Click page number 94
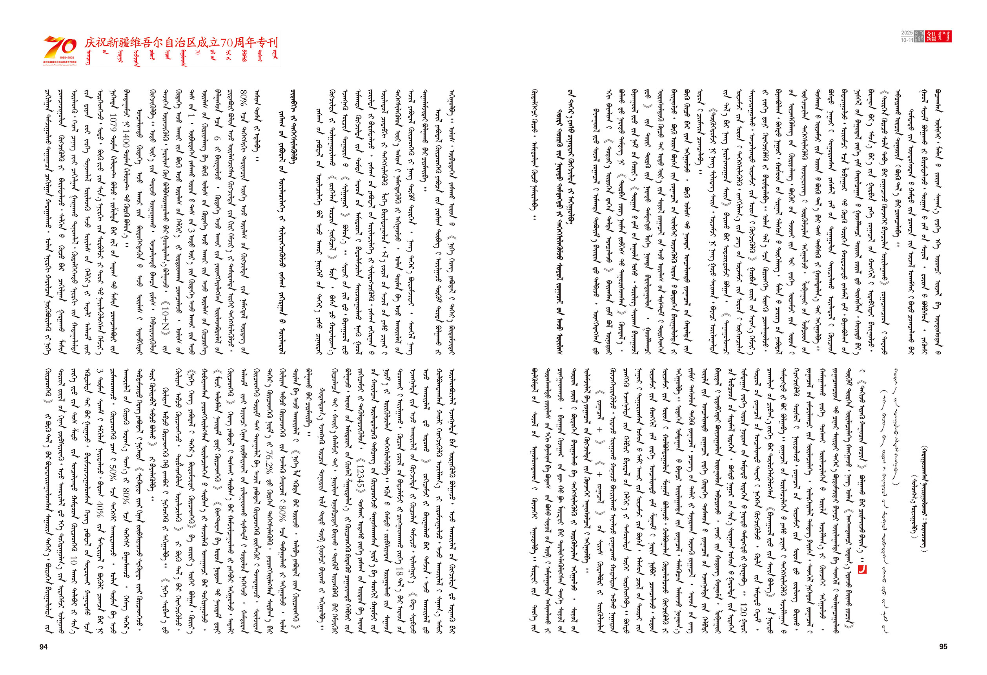pos(43,646)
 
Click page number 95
pos(943,646)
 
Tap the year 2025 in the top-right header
pos(907,33)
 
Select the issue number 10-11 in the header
pos(907,40)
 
